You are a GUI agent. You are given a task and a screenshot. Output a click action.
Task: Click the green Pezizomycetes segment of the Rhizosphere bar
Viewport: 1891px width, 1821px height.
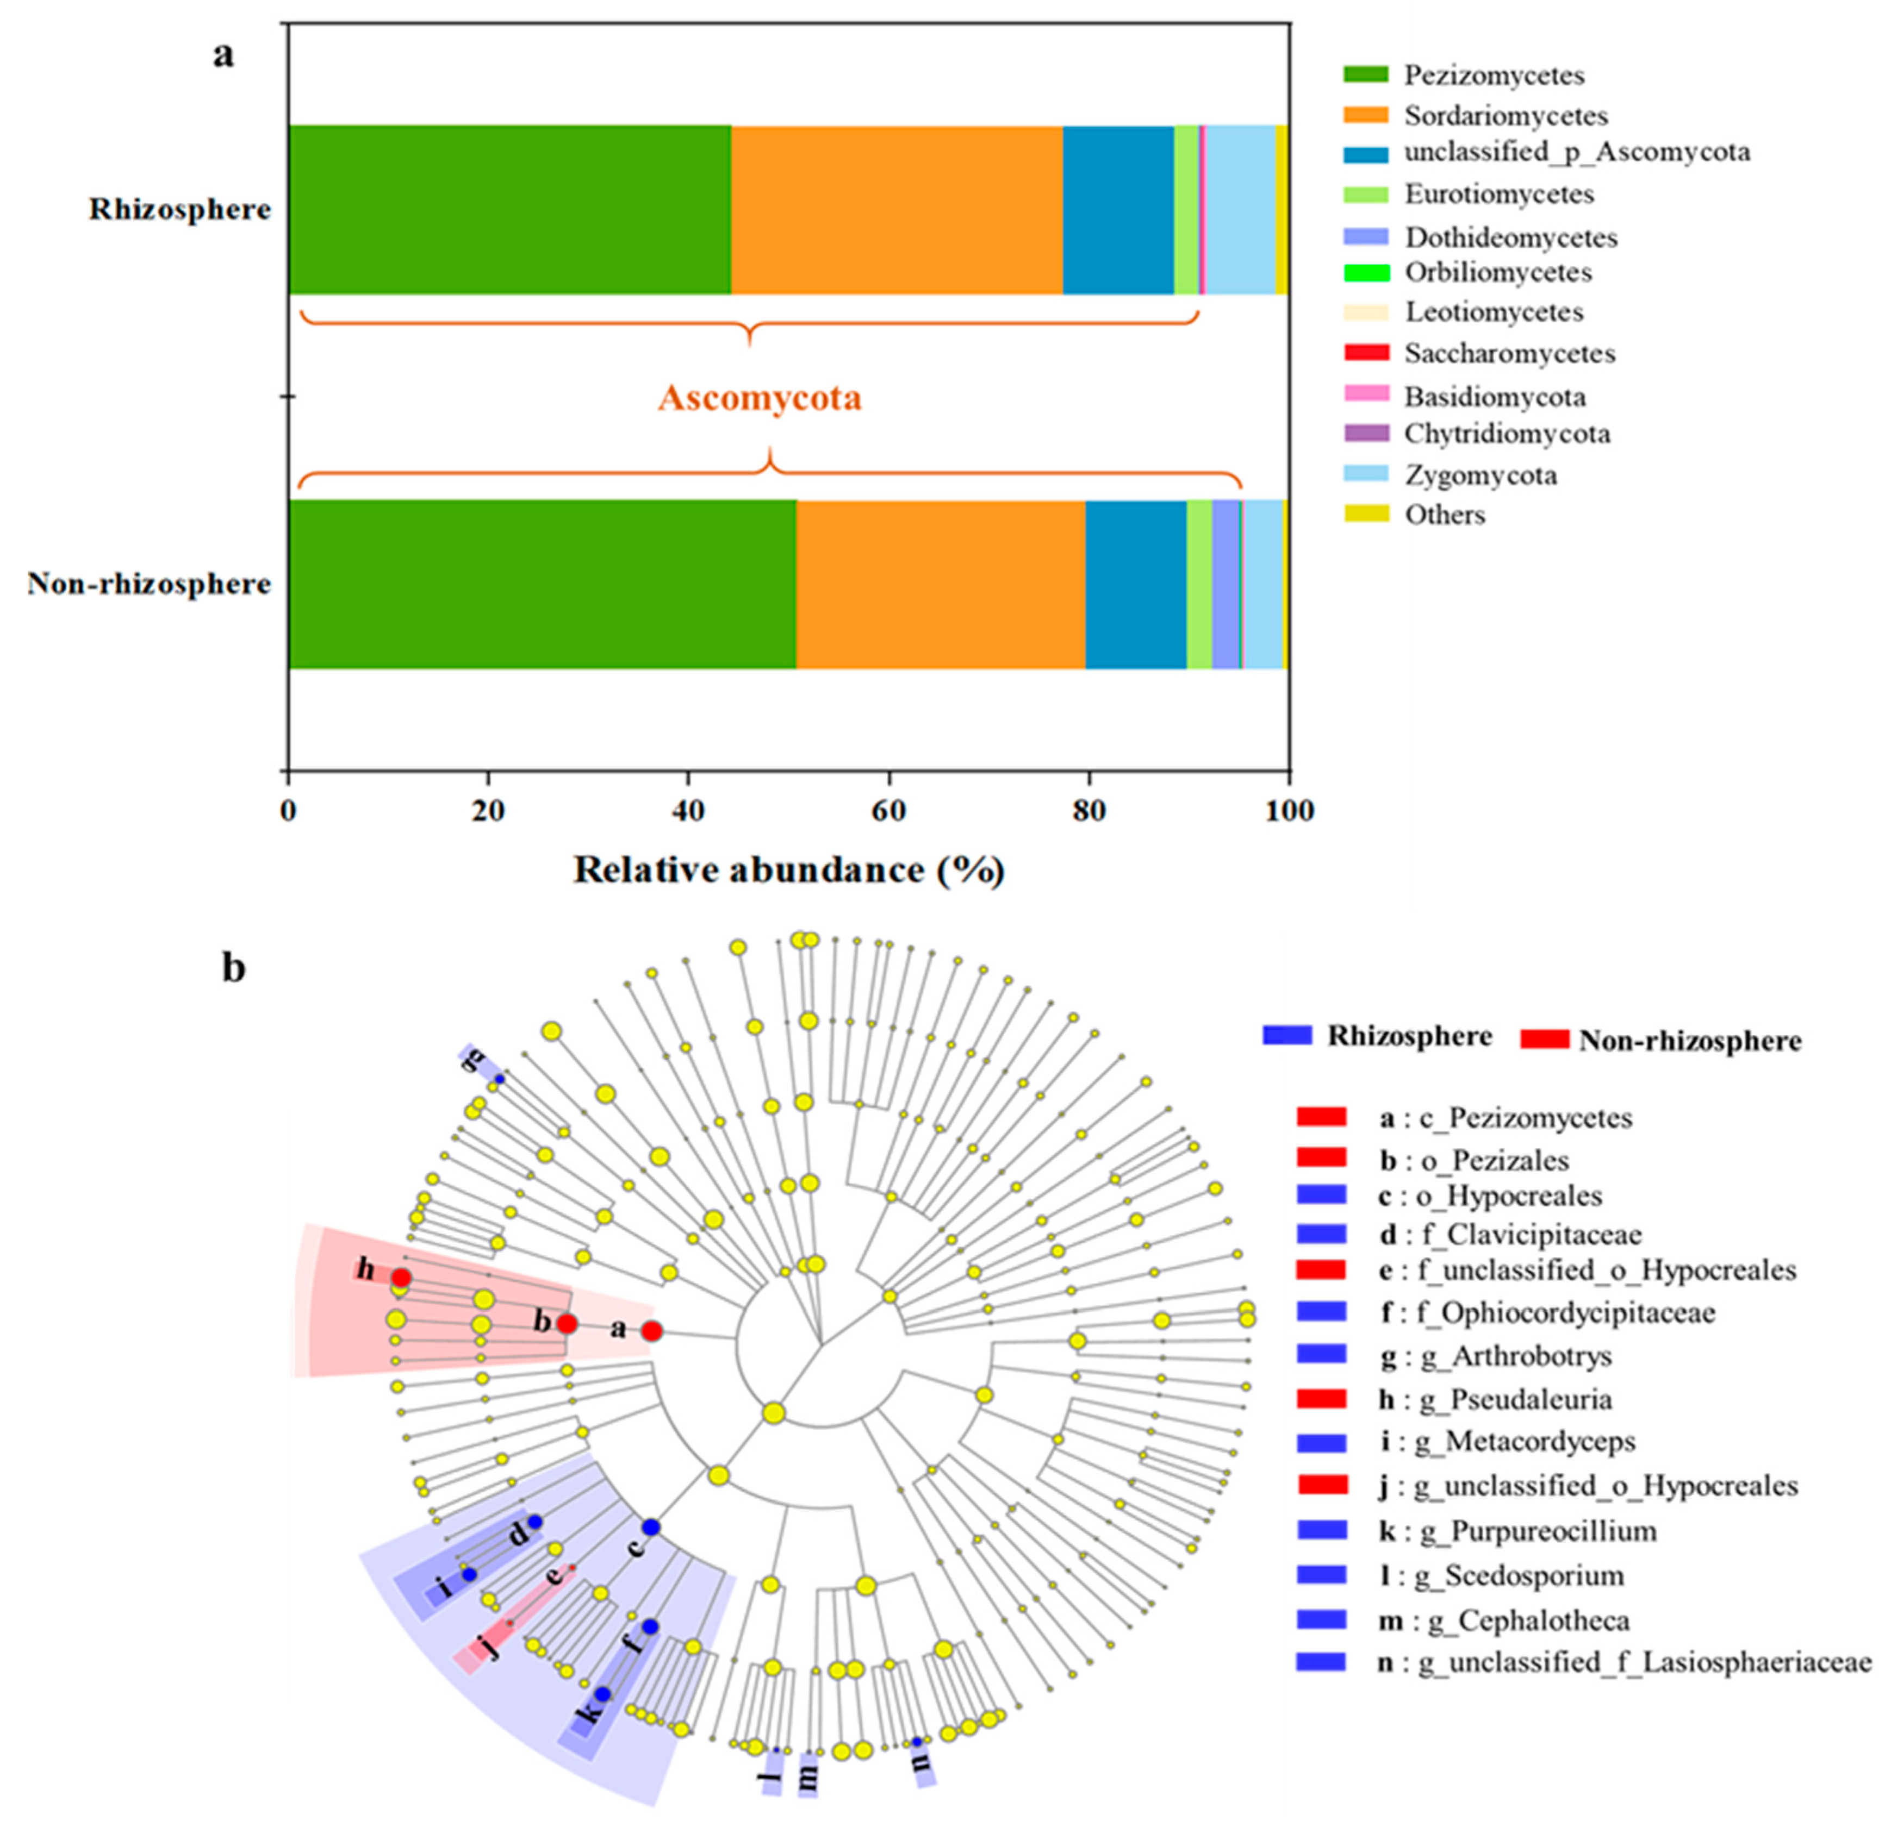click(509, 209)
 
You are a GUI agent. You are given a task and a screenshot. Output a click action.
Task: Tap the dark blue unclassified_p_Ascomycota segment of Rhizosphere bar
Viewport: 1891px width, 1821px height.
click(1118, 209)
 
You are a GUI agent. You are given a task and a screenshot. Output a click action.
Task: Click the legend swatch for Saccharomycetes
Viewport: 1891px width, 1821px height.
click(1366, 353)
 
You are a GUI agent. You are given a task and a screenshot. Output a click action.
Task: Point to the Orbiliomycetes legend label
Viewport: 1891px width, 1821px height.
click(1497, 272)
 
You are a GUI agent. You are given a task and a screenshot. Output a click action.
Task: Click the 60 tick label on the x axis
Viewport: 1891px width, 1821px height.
click(888, 811)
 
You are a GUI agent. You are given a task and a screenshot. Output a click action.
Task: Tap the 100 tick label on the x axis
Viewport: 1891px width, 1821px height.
click(1290, 811)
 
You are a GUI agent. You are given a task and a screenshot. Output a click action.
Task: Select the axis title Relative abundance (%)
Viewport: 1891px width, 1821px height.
click(789, 871)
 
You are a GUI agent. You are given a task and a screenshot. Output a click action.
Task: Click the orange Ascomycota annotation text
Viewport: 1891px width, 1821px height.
click(760, 397)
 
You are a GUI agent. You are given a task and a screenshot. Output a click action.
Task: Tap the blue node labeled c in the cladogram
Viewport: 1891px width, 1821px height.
click(651, 1527)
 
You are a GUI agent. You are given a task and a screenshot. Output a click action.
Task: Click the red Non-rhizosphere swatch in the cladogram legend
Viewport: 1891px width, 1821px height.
click(1544, 1039)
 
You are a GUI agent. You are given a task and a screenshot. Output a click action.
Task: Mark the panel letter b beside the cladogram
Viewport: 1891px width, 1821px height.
click(234, 967)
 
